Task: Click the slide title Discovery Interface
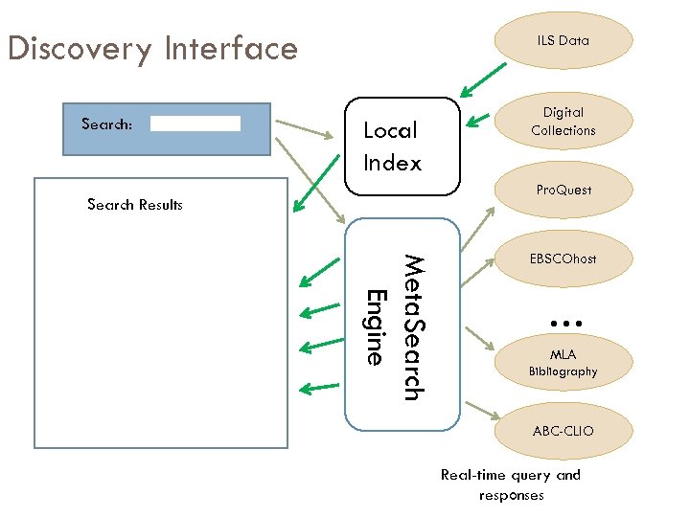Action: point(152,48)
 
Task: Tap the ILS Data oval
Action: point(563,40)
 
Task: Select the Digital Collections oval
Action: point(563,122)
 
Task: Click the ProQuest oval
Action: point(563,190)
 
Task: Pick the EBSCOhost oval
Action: point(563,258)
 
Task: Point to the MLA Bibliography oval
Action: point(563,363)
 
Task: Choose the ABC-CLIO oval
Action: point(563,431)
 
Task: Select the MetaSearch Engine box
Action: point(402,325)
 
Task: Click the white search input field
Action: point(195,124)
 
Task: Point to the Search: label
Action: point(106,124)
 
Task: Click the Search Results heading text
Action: point(134,205)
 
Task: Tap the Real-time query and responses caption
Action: point(510,484)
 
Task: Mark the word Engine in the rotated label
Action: point(377,326)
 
